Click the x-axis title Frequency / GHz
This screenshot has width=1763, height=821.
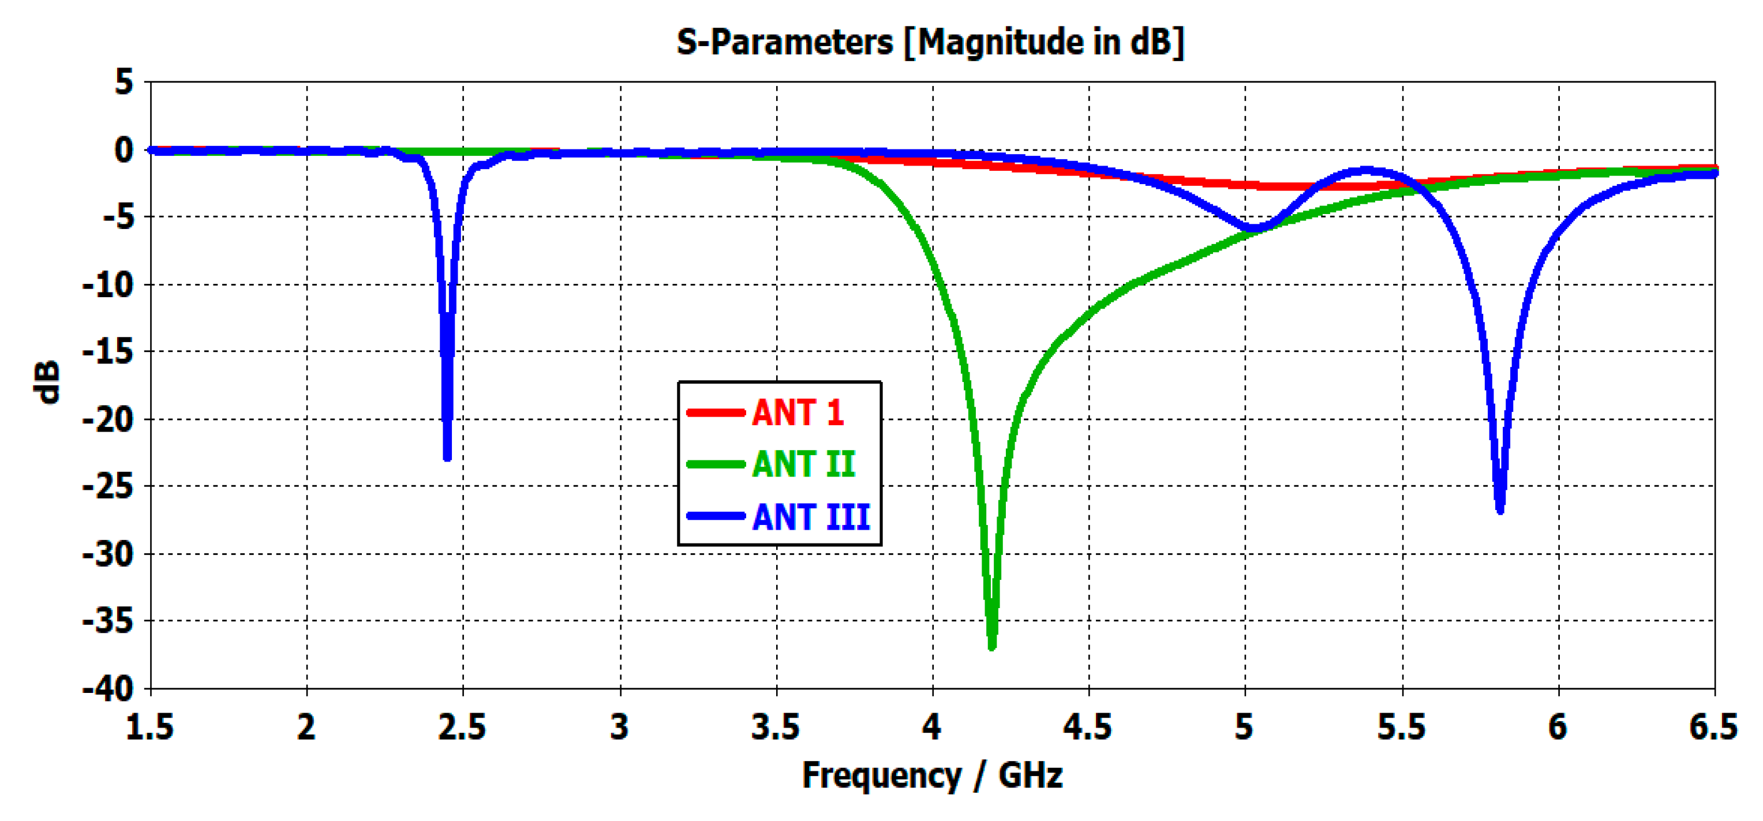click(x=932, y=775)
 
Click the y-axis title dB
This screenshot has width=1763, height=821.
click(x=47, y=383)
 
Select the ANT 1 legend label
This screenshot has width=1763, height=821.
click(x=798, y=413)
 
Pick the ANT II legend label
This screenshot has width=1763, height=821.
click(x=803, y=464)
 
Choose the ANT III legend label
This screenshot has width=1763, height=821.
click(x=811, y=516)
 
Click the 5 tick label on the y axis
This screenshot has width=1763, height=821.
click(x=124, y=82)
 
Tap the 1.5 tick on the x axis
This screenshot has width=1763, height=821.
click(x=150, y=726)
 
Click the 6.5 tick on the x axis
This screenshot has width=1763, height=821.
click(x=1713, y=726)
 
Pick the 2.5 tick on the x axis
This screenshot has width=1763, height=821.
click(x=462, y=726)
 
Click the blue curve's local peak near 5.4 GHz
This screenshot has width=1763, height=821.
click(x=1365, y=170)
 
